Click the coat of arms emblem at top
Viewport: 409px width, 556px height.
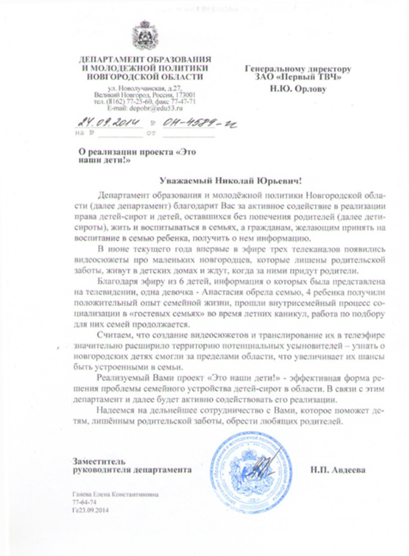pyautogui.click(x=146, y=35)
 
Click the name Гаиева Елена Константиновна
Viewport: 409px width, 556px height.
pyautogui.click(x=111, y=495)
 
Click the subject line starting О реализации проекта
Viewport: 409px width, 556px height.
pyautogui.click(x=137, y=152)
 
